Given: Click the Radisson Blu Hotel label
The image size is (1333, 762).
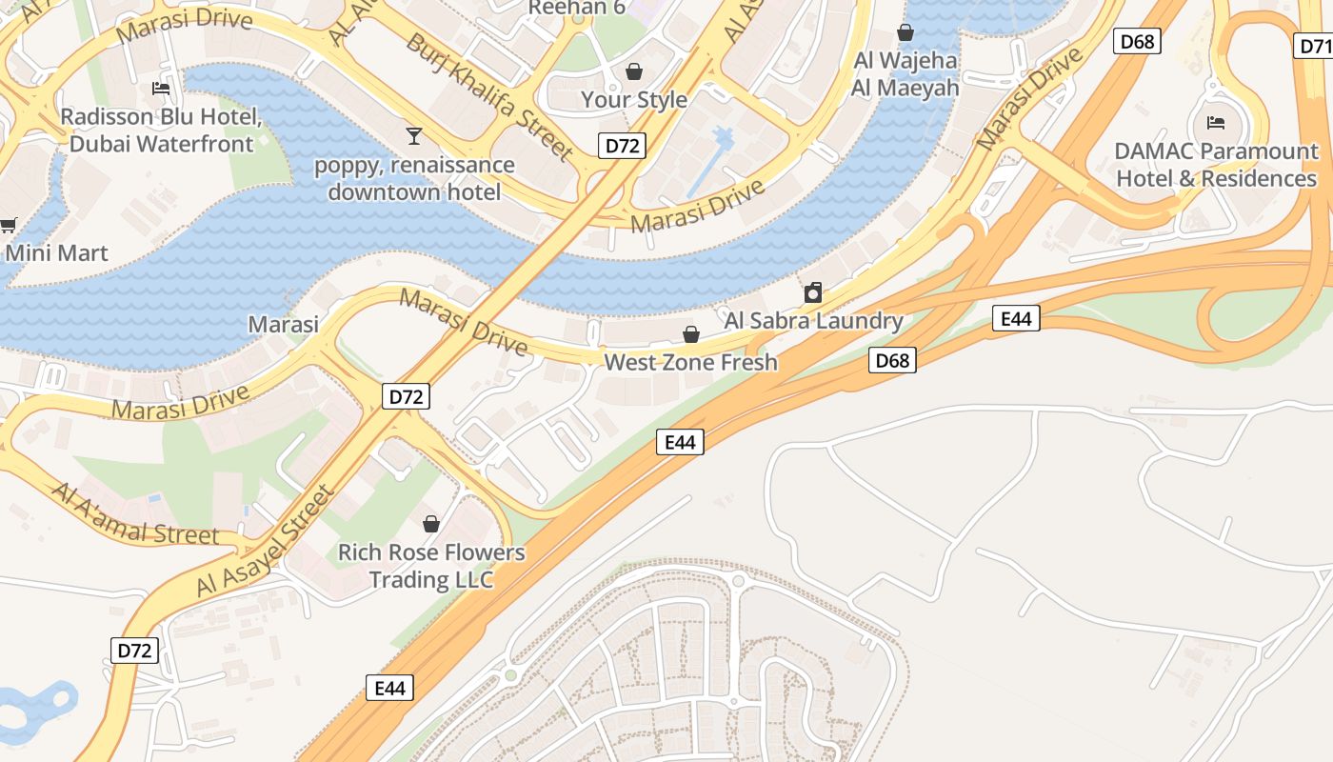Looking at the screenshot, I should tap(161, 130).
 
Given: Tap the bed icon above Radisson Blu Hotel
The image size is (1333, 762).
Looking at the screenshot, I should tap(161, 89).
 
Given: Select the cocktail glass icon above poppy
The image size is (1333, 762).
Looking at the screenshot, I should tap(414, 136).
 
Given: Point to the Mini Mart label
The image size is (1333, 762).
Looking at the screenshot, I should tap(57, 253).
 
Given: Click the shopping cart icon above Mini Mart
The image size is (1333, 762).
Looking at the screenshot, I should tap(8, 225).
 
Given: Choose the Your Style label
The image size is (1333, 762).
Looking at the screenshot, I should tap(634, 99).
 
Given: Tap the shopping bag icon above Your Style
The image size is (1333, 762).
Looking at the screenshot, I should tap(634, 71).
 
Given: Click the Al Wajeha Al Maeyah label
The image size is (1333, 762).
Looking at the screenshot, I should tap(905, 74).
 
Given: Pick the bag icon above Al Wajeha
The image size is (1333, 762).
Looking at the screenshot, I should tap(905, 33).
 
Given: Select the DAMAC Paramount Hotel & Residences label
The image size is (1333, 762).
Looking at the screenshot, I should tap(1216, 165).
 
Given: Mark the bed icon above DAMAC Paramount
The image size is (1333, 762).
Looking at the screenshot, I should tap(1216, 122).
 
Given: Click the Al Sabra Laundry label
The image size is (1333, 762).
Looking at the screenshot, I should tap(813, 320).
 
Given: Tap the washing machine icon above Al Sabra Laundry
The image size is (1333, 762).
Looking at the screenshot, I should tap(813, 292).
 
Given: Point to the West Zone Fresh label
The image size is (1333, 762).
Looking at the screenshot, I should tap(691, 362).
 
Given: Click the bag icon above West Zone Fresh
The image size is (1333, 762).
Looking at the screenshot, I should tap(691, 334).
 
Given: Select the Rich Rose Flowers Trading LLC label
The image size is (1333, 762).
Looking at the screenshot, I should tap(431, 566).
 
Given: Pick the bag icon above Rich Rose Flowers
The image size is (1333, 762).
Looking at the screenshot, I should tap(431, 524).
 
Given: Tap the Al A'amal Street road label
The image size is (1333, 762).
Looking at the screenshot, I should tap(134, 515).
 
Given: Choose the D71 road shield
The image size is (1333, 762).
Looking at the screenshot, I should tap(1315, 45).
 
